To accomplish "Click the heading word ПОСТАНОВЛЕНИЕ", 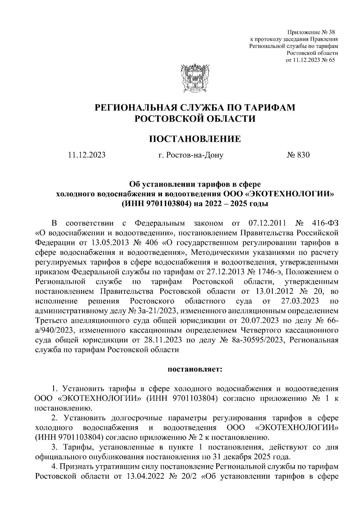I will pos(195,139).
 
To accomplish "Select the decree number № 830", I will pos(298,155).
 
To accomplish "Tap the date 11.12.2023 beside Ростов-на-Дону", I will pos(87,155).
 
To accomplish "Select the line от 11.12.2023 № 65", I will pos(310,60).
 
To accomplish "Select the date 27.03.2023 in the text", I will pos(300,301).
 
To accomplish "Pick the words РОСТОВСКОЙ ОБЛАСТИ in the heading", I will pos(195,119).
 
